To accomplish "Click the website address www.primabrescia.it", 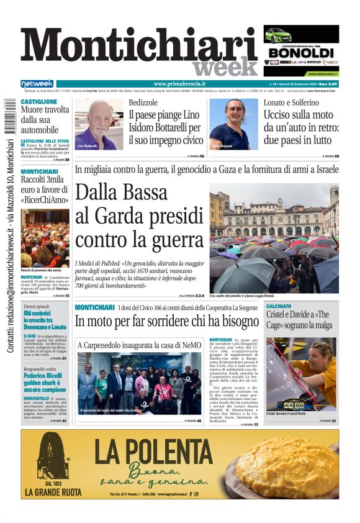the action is [179, 84].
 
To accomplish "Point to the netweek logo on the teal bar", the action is [37, 84].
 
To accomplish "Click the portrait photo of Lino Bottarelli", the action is [99, 124].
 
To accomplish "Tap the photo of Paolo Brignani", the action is [233, 124].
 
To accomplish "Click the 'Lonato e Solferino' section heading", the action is [291, 102].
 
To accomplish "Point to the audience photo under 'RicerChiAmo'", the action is [45, 238].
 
